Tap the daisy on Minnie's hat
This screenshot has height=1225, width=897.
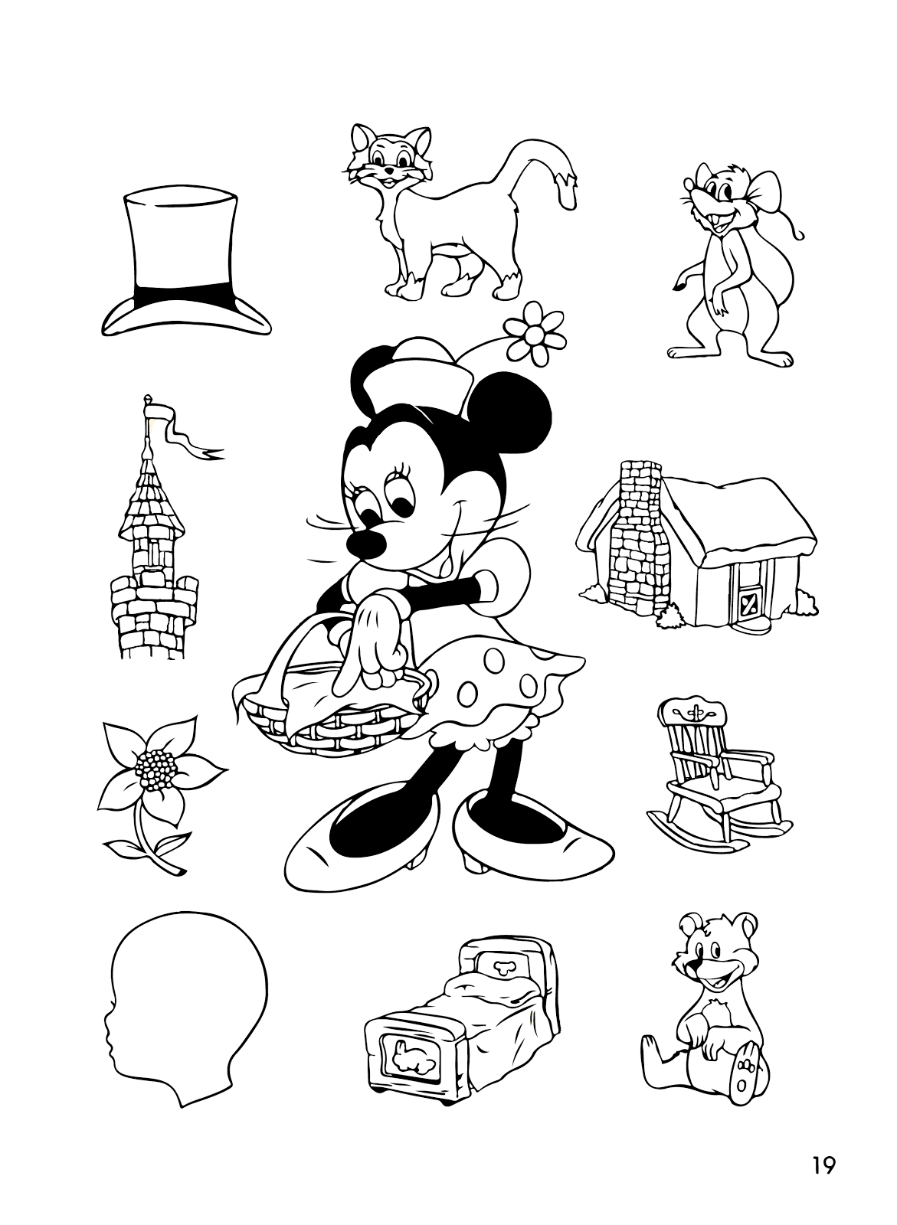point(535,334)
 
